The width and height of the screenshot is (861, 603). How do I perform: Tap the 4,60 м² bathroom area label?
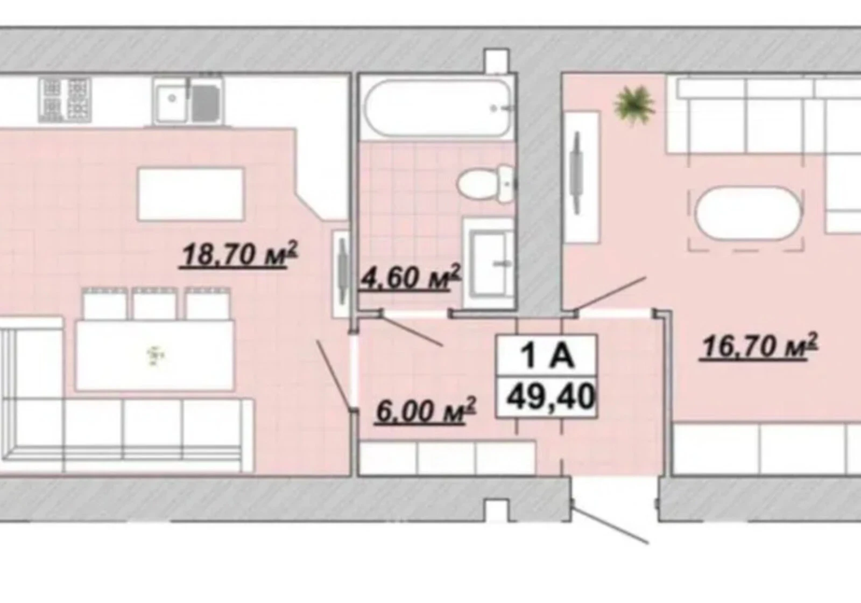tap(410, 277)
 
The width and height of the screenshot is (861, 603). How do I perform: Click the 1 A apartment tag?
tap(547, 356)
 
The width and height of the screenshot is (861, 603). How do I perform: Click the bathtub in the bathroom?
tap(438, 108)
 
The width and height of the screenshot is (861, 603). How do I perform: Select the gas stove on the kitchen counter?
tap(65, 100)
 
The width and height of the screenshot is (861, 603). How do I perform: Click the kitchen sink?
tap(188, 101)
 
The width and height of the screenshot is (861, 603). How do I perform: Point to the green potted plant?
tap(634, 104)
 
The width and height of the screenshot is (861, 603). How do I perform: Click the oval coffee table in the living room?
tap(748, 213)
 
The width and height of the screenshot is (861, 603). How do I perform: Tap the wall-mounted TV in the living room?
tap(576, 172)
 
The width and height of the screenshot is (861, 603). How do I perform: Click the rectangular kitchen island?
tap(191, 194)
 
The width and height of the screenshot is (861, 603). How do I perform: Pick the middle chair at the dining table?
tap(154, 304)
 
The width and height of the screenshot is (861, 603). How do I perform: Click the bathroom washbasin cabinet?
tap(489, 263)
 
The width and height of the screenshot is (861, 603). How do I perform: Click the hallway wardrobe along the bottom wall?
tap(447, 458)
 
